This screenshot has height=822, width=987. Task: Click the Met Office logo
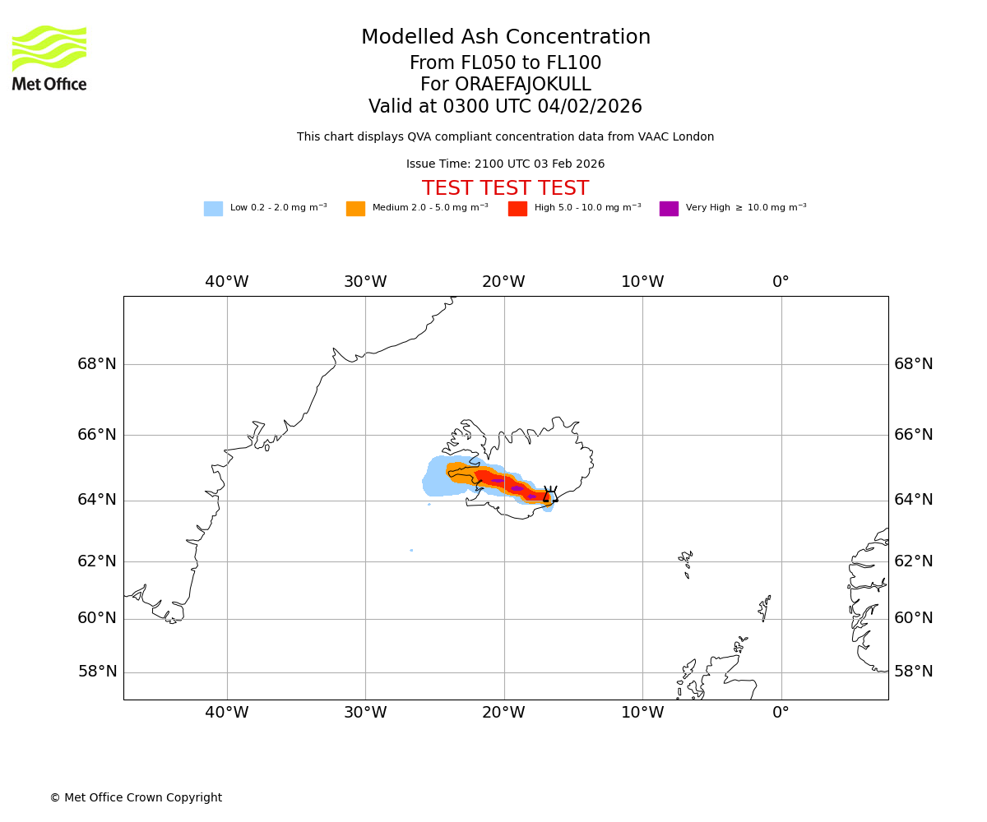tap(49, 58)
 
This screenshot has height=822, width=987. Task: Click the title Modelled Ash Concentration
tap(506, 38)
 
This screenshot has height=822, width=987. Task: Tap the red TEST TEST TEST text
tap(505, 188)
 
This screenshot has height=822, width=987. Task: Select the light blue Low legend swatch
tap(213, 209)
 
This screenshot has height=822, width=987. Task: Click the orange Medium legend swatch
tap(355, 209)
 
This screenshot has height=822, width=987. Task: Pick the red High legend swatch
tap(517, 209)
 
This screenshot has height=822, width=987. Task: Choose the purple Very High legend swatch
tap(669, 209)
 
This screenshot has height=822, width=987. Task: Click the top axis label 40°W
tap(227, 282)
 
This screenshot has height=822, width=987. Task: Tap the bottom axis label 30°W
tap(365, 713)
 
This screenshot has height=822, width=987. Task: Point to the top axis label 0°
tap(781, 282)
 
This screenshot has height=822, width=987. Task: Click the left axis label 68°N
tap(97, 364)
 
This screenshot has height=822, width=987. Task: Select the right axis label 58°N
tap(914, 672)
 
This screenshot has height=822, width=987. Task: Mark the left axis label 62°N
tap(97, 561)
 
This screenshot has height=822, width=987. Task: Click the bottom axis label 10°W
tap(642, 713)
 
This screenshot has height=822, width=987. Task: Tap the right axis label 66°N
tap(914, 435)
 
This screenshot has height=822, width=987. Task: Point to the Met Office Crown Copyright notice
tap(136, 798)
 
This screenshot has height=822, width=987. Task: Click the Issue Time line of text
tap(505, 164)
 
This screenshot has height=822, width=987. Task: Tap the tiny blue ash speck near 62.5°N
tap(411, 550)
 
